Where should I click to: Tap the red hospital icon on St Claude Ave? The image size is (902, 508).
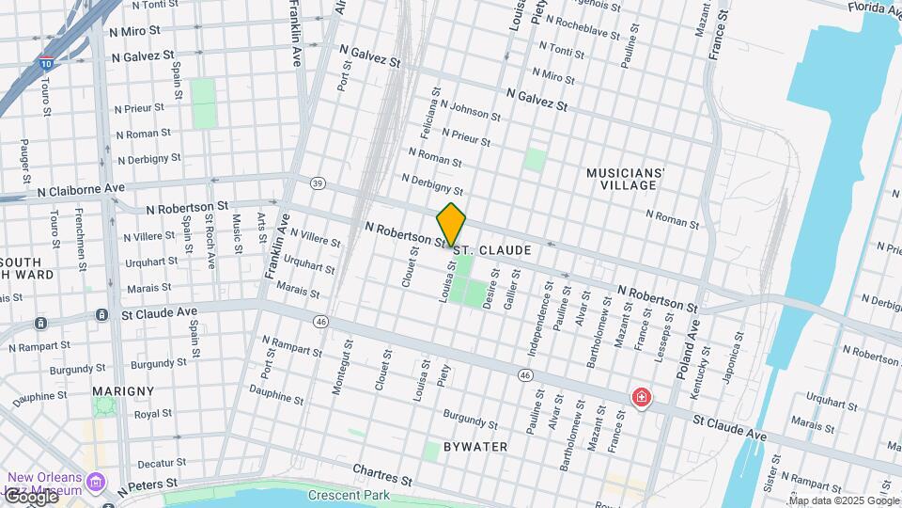[x=642, y=398]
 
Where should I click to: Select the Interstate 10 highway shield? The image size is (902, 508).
[x=46, y=64]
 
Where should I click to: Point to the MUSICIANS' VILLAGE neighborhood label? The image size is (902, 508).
[x=626, y=179]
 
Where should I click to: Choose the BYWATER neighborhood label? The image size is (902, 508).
[x=476, y=447]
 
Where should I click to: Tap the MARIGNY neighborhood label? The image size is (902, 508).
[x=123, y=390]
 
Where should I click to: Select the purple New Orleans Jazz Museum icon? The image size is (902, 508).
[x=94, y=483]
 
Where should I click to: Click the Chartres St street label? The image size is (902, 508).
[x=382, y=474]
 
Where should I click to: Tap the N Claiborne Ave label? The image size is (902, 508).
[x=82, y=189]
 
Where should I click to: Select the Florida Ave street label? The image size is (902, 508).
[x=874, y=8]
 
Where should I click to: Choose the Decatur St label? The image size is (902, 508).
[x=156, y=464]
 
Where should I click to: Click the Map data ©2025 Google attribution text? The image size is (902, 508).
[x=834, y=500]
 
